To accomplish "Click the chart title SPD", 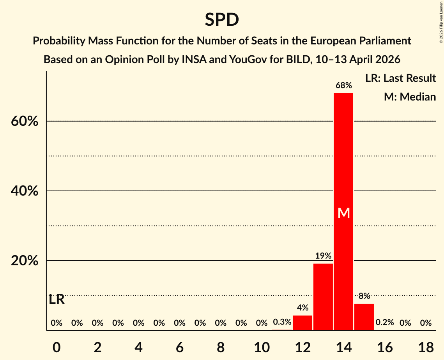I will (222, 19).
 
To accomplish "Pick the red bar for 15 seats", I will (364, 317).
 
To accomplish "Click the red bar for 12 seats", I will (302, 323).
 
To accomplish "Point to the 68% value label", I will (343, 85).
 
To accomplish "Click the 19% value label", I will (323, 256).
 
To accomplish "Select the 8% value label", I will (364, 296).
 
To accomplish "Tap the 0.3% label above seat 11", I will (282, 323).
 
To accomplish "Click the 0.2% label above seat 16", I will (385, 323).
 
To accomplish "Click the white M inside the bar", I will (343, 213).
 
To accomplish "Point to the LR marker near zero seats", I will (57, 300).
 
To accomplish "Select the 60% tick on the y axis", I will (25, 122).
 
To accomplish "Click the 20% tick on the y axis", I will (25, 261).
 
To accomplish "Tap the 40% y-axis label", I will (25, 191).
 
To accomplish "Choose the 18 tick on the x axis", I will (426, 347).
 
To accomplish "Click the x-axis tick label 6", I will (180, 347).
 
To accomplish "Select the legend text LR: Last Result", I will (400, 78).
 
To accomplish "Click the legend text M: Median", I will (410, 97).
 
